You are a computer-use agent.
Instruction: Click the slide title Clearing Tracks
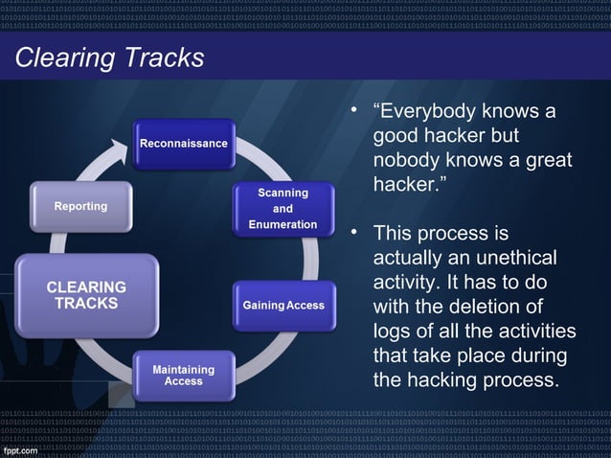(x=109, y=58)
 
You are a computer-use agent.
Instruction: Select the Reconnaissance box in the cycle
(x=184, y=144)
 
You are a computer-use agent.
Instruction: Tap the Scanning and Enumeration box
(x=283, y=208)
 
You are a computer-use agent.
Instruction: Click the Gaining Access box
(x=284, y=306)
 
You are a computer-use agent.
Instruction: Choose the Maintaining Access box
(x=184, y=375)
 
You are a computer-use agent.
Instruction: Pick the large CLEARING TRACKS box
(x=86, y=295)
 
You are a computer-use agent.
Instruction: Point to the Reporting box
(x=81, y=206)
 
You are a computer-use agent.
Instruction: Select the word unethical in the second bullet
(x=509, y=259)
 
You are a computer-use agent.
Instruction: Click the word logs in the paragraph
(x=394, y=331)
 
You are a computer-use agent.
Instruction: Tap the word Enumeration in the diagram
(x=283, y=224)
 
